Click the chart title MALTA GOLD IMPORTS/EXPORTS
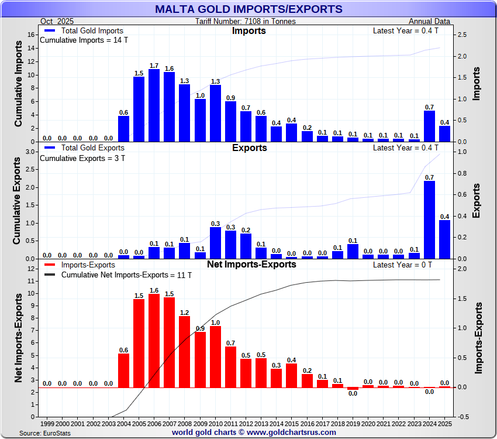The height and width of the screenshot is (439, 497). coord(248,9)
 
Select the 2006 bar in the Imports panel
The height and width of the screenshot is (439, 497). coord(154,105)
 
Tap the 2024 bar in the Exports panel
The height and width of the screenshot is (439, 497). coord(429,220)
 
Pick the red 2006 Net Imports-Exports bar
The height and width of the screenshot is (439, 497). coord(154,340)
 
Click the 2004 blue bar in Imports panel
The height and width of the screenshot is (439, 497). coord(123,129)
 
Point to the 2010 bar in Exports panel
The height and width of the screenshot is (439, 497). coord(215,243)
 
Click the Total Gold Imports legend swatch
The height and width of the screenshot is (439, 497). coord(50,30)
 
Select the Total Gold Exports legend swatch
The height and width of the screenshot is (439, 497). coord(50,148)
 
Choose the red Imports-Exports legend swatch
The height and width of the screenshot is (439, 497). coord(50,265)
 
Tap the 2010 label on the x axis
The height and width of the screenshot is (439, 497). coord(215,423)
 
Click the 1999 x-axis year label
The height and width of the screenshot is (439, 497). coord(47,423)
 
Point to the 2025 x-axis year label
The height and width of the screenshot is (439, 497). coord(444,423)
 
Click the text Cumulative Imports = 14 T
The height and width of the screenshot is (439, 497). coord(84,40)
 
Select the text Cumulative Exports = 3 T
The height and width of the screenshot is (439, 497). coord(82,158)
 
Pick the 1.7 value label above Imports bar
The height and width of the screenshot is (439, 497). coord(154,66)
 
